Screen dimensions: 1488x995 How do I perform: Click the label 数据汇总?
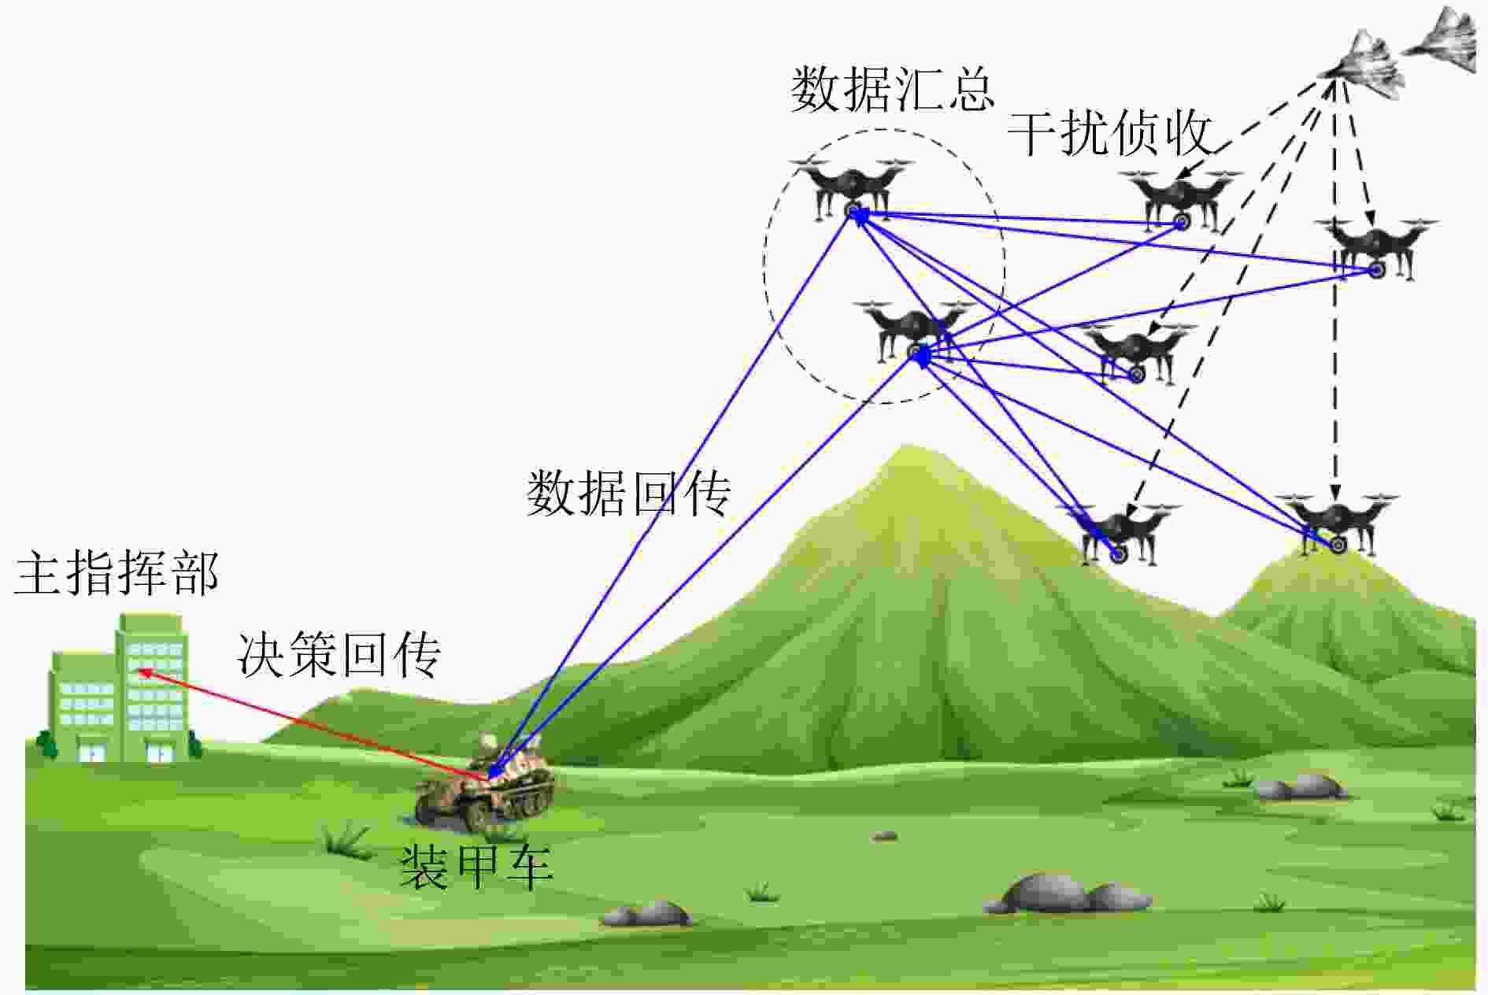[x=892, y=89]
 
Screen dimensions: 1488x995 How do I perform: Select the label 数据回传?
[x=628, y=494]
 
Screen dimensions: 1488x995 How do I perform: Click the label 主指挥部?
[x=117, y=572]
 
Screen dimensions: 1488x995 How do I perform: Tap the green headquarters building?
[x=119, y=690]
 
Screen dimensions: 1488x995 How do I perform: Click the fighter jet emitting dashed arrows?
[x=1362, y=65]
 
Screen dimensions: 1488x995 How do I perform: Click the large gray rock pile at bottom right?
[x=1067, y=893]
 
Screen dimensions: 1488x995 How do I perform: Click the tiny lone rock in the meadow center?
[x=885, y=836]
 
